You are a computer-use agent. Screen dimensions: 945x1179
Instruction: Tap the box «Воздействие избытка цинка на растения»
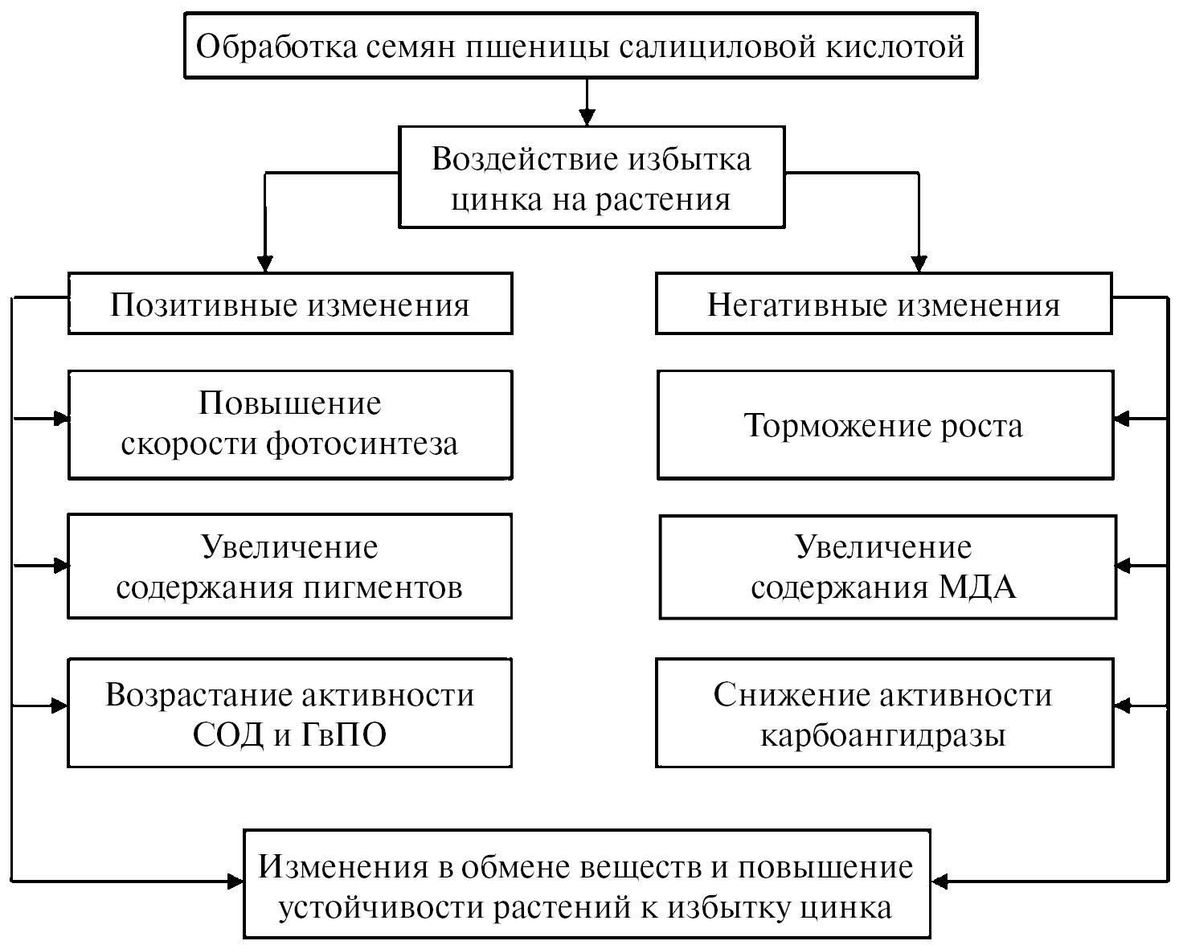click(591, 178)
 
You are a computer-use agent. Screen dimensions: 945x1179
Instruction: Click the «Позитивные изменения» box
click(290, 305)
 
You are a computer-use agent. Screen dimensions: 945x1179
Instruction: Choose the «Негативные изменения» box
click(883, 305)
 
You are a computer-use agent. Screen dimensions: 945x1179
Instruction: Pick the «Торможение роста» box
click(885, 425)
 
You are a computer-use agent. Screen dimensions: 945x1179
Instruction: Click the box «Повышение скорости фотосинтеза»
click(290, 424)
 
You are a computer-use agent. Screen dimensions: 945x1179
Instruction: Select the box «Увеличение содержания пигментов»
click(289, 567)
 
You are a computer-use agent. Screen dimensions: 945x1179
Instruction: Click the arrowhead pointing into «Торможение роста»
click(1123, 419)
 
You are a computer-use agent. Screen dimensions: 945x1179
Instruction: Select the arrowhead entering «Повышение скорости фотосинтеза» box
click(60, 418)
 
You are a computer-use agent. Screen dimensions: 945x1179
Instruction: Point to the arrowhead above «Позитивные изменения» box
click(264, 264)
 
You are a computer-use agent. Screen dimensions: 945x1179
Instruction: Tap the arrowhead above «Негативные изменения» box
click(919, 264)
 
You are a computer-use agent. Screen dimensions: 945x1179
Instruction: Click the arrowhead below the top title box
click(587, 117)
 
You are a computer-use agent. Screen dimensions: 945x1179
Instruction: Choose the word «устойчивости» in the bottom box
click(381, 908)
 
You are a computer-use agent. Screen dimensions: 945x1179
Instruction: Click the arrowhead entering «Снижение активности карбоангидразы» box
click(1123, 706)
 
